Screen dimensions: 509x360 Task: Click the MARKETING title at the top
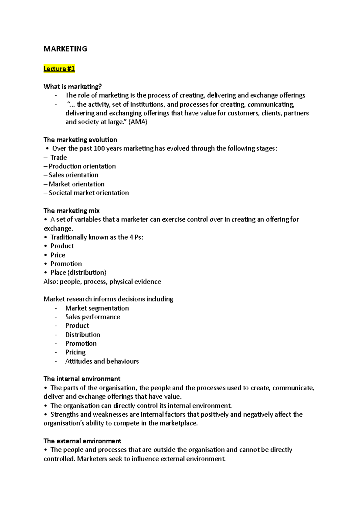click(65, 49)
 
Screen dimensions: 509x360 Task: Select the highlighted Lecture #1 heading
click(59, 69)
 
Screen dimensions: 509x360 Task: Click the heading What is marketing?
click(73, 87)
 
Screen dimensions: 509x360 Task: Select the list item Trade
click(58, 157)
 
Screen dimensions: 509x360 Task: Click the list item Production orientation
click(82, 166)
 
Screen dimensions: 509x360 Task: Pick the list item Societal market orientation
click(89, 193)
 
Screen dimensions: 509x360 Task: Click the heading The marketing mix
click(71, 211)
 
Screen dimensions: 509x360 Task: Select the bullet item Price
click(58, 255)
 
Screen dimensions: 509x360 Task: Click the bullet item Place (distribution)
click(78, 272)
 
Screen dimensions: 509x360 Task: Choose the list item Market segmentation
click(97, 308)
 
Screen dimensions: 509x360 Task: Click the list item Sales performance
click(92, 317)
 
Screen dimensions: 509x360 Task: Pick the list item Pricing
click(75, 352)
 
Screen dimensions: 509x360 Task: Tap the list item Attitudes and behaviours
click(102, 361)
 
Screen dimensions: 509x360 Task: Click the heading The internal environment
click(82, 379)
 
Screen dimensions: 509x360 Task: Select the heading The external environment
click(82, 441)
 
